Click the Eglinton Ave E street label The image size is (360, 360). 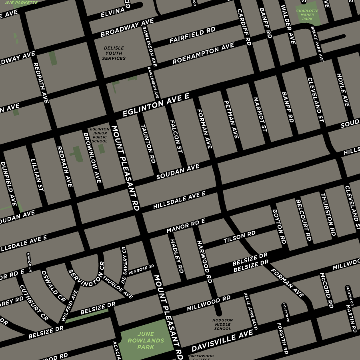156,106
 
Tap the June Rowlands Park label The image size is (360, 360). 146,340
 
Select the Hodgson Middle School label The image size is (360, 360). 222,324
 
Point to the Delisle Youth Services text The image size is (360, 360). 114,53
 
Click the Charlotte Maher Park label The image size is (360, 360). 308,15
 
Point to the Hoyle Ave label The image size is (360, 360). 343,90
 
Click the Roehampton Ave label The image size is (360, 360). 203,54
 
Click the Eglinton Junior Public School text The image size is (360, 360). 100,135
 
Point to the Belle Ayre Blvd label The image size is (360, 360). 251,311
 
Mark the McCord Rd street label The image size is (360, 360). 326,291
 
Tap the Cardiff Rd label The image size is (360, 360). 244,27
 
